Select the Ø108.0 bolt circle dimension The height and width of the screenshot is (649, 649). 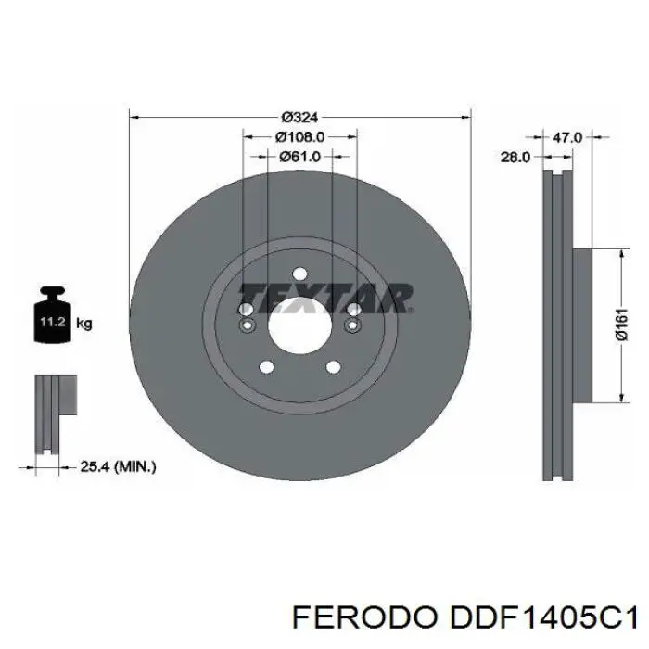click(x=299, y=137)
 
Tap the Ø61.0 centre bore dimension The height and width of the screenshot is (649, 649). click(x=299, y=157)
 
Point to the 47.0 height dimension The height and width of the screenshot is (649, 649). click(x=566, y=137)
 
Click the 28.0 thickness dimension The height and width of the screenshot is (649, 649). click(x=515, y=158)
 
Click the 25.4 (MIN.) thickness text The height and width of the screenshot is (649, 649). click(x=118, y=467)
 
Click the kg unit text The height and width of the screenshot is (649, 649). click(x=83, y=324)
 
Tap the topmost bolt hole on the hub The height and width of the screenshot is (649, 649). click(x=299, y=273)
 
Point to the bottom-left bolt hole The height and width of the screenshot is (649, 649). click(x=267, y=367)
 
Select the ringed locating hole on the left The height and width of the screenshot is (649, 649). click(x=246, y=325)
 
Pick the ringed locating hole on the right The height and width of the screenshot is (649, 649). click(x=352, y=325)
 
